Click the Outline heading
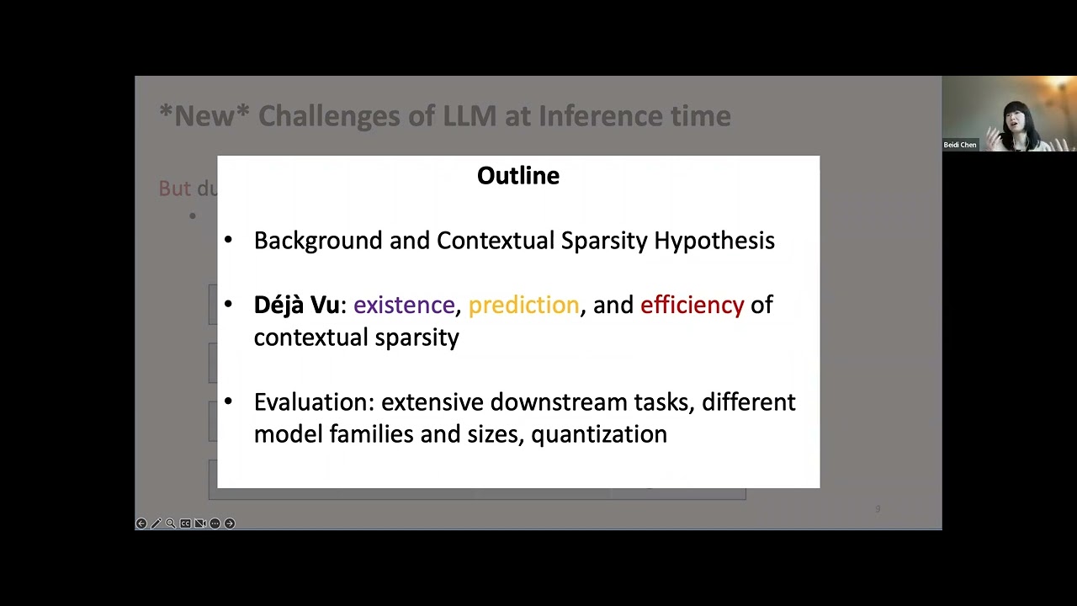pos(517,175)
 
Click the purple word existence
pos(404,305)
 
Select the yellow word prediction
pos(523,305)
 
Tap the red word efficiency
pos(692,305)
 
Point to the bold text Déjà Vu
pos(296,305)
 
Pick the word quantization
pos(598,434)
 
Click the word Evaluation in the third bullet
pos(313,402)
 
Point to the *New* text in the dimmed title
pos(204,116)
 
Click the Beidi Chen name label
pos(960,145)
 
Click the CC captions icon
pos(185,524)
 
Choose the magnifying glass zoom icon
pos(171,524)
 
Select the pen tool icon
pos(156,524)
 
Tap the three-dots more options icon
pos(215,524)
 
